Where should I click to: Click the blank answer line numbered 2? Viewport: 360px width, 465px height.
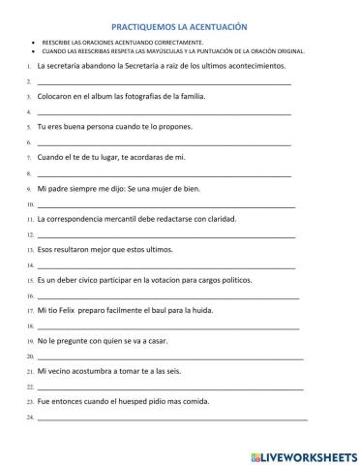[165, 83]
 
